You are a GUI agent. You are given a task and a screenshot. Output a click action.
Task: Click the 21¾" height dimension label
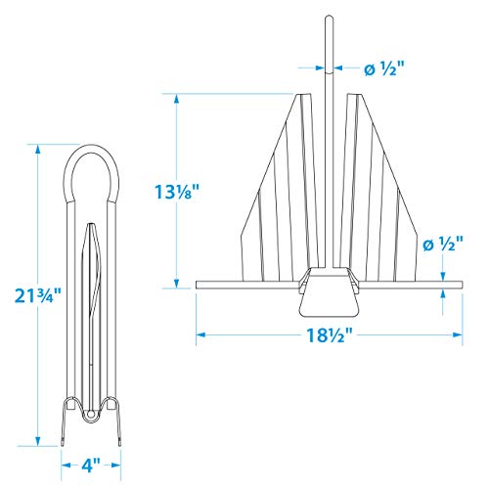pyautogui.click(x=38, y=295)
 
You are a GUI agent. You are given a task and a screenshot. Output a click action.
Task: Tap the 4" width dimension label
pyautogui.click(x=91, y=466)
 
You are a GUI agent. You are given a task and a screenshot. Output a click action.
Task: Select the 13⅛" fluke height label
pyautogui.click(x=176, y=192)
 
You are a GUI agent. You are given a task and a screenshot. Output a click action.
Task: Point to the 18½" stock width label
pyautogui.click(x=330, y=334)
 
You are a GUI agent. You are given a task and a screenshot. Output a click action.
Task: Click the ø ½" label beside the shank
pyautogui.click(x=383, y=68)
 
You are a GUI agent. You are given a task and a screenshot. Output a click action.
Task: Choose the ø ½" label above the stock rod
pyautogui.click(x=443, y=244)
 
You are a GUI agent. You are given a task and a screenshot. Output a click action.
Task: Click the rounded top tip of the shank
pyautogui.click(x=330, y=17)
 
